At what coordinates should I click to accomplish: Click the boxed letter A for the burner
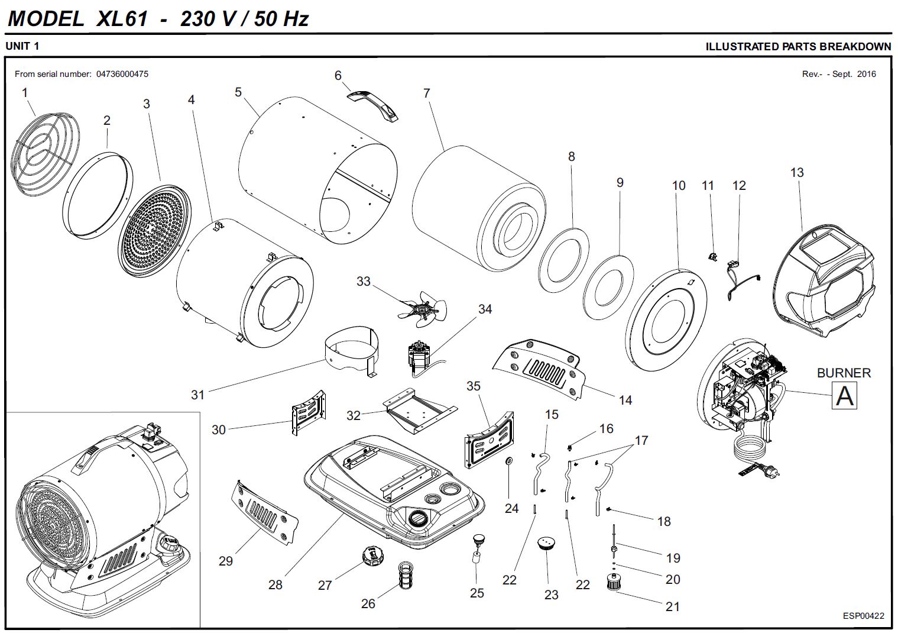pos(844,395)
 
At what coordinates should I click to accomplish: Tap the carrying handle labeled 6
pos(374,105)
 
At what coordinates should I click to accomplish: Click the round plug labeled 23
pos(547,542)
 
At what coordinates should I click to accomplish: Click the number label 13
pos(796,172)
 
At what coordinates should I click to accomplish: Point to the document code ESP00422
pos(863,616)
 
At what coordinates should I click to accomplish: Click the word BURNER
pos(844,373)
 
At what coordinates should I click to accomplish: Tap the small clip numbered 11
pos(713,256)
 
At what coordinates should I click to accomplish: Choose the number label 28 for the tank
pos(275,584)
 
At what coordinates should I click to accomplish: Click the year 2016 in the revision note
pos(866,74)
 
